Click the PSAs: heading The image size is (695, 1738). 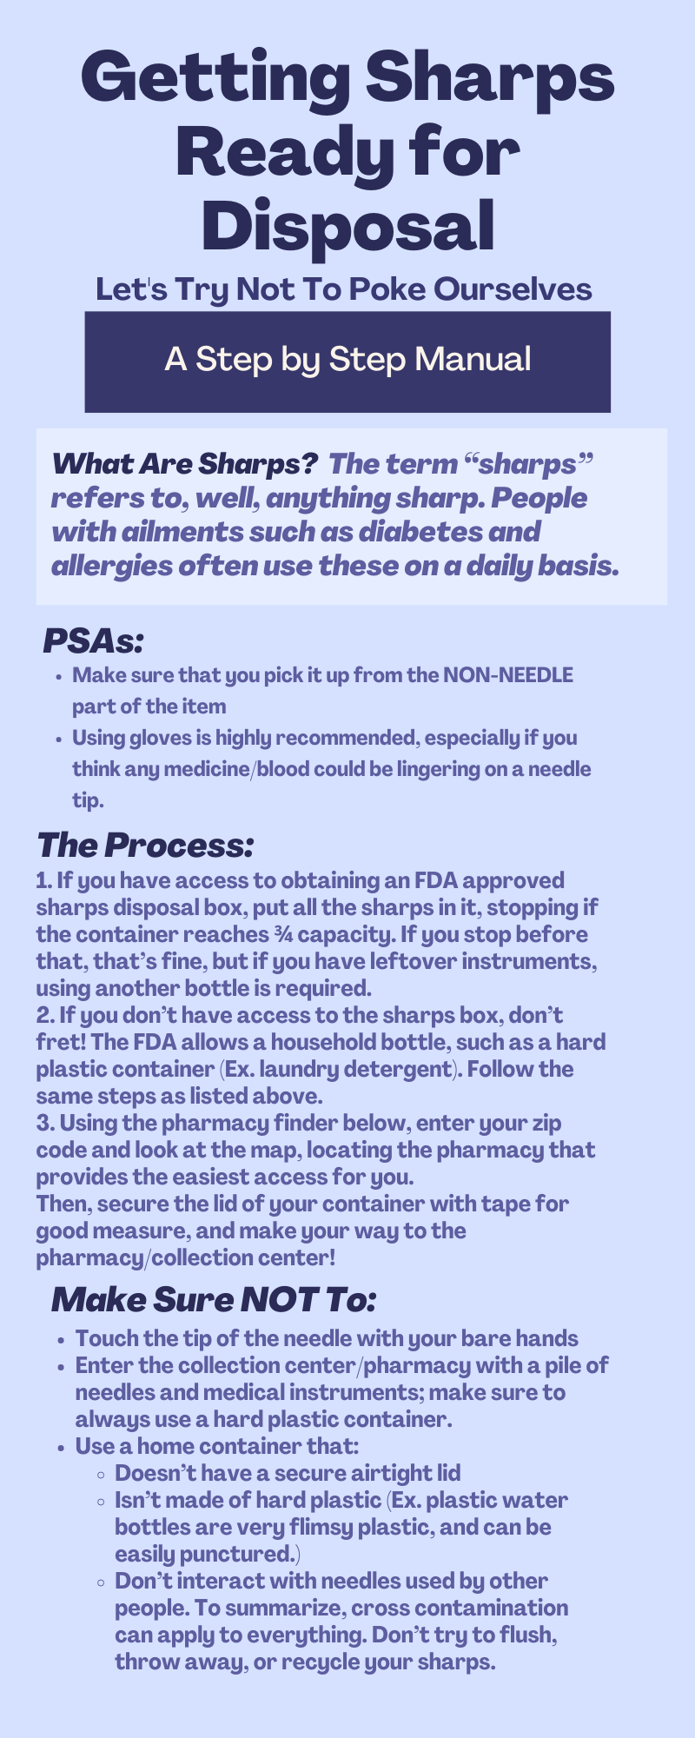point(93,642)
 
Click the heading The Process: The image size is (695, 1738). point(145,845)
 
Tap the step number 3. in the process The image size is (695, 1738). point(45,1123)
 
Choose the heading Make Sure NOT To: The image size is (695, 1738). point(214,1300)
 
